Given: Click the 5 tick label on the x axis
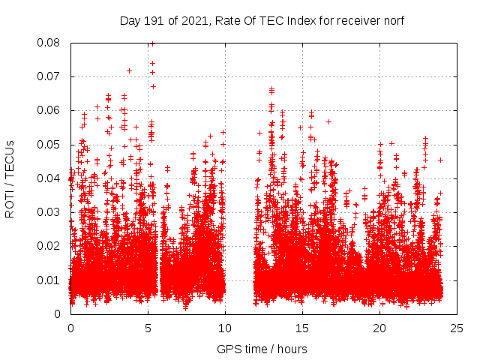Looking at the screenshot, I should click(148, 328).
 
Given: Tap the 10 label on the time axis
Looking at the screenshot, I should click(225, 328).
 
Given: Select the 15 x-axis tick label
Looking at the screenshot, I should click(302, 328).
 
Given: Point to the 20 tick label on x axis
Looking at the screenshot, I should click(379, 328).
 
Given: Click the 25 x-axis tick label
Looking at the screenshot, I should click(457, 328).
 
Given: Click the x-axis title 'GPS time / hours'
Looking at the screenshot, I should click(262, 349).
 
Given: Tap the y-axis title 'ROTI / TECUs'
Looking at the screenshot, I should click(10, 178).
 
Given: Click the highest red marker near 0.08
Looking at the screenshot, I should click(152, 43).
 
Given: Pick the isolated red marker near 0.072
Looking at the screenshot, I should click(129, 70).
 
